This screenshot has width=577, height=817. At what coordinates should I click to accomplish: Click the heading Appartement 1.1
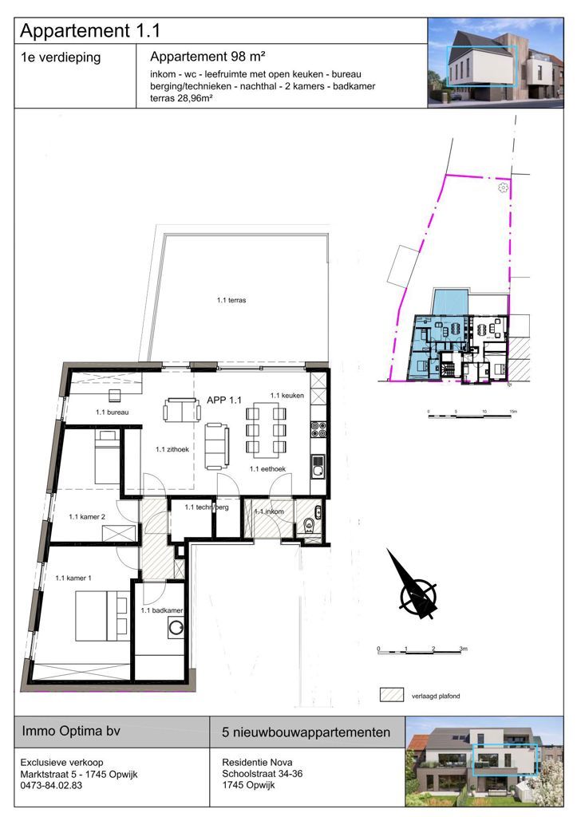click(x=90, y=31)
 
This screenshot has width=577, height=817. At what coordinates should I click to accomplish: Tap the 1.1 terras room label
click(x=231, y=301)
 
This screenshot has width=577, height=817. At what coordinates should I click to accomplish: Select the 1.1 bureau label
click(x=113, y=412)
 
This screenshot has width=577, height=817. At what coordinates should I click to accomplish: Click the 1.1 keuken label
click(x=286, y=396)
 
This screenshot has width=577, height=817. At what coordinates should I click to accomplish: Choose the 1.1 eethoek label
click(x=268, y=469)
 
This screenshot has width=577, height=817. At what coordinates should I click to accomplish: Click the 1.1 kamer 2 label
click(x=88, y=517)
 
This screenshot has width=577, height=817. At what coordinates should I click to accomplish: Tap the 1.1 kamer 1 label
click(x=73, y=577)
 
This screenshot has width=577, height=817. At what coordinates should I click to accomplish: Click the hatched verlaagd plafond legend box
click(x=391, y=694)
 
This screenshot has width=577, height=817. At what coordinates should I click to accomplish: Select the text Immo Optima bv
click(x=71, y=731)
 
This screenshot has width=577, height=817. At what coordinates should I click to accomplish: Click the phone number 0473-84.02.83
click(x=52, y=785)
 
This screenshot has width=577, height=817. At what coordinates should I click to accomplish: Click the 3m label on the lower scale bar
click(x=464, y=649)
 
